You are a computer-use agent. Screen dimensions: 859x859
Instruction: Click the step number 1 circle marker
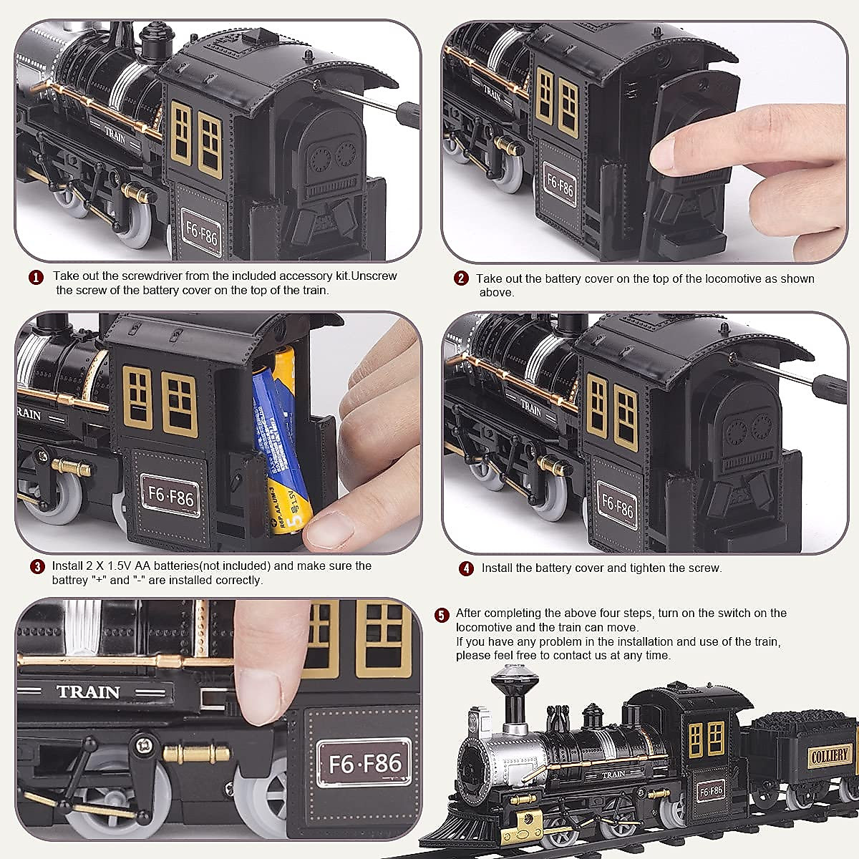click(34, 277)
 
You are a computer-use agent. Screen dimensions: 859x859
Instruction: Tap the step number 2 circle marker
click(462, 279)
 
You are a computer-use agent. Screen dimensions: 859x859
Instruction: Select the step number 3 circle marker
click(37, 566)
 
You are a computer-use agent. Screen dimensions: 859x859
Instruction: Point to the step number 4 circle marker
click(467, 568)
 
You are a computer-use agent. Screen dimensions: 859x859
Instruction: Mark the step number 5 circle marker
click(442, 615)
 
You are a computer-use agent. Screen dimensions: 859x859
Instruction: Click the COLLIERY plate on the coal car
click(830, 754)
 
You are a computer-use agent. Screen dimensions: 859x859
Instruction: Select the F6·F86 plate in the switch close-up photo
click(364, 764)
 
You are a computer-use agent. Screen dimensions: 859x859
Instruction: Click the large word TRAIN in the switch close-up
click(88, 691)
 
